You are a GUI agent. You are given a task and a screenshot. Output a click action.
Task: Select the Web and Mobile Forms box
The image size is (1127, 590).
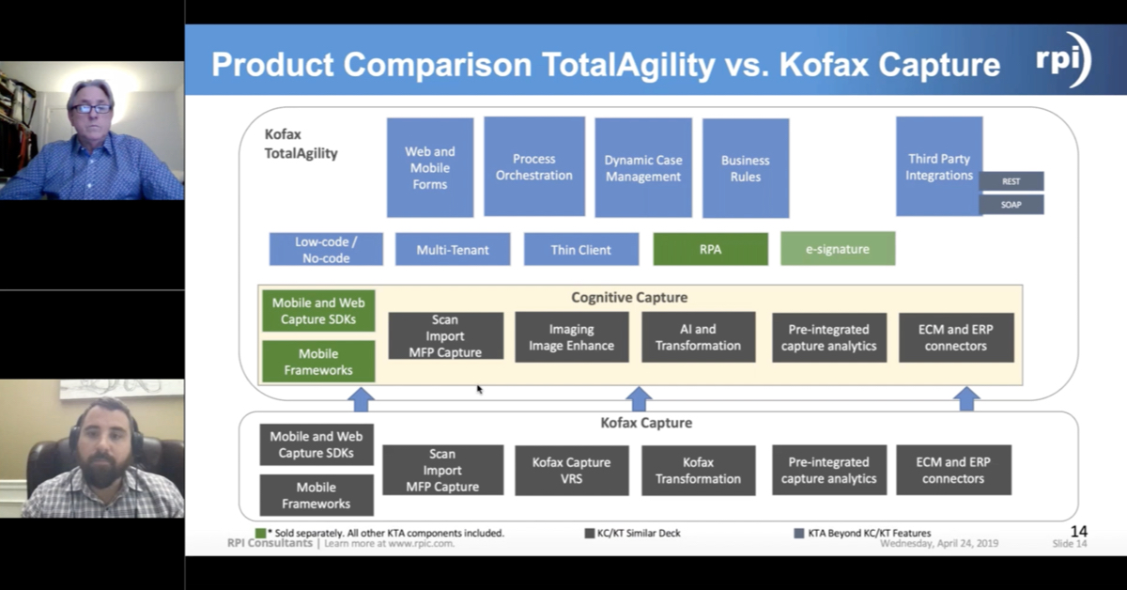pos(429,167)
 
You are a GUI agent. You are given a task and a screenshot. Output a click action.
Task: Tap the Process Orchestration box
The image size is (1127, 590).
pos(533,166)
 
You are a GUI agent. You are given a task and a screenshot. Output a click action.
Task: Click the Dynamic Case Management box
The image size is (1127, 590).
pos(642,168)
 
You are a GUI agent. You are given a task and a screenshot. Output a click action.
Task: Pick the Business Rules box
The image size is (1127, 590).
pos(745,168)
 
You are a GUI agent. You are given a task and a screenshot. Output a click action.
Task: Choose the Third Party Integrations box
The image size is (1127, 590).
pos(938,166)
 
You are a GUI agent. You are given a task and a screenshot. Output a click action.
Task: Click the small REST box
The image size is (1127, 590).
pos(1011,181)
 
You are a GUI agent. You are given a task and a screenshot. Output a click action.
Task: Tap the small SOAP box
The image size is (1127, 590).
pos(1011,204)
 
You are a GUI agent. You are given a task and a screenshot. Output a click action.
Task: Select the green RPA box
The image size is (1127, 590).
pos(710,249)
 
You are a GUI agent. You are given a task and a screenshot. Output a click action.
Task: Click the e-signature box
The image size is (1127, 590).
pos(837,249)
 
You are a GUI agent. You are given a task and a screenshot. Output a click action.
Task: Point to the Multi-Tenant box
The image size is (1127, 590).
pos(453,249)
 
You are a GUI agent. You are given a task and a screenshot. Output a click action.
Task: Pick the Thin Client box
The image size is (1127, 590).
pos(580,249)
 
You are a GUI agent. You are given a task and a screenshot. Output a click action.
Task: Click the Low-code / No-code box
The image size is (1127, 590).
pos(326,249)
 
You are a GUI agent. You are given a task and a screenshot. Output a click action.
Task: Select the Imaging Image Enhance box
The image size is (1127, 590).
pos(571,337)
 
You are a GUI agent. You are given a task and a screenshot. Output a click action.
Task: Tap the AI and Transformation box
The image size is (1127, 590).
pos(698,337)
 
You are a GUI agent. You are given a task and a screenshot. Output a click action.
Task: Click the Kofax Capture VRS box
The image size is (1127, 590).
pos(571,470)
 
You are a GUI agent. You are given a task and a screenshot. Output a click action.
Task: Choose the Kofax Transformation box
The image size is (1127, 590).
pos(698,470)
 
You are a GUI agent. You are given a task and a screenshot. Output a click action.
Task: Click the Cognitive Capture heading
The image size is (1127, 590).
pos(629,298)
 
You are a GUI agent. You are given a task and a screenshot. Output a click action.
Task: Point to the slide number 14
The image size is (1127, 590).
pos(1078,532)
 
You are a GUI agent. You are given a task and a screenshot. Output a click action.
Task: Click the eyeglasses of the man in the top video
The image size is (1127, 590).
pos(91,109)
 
